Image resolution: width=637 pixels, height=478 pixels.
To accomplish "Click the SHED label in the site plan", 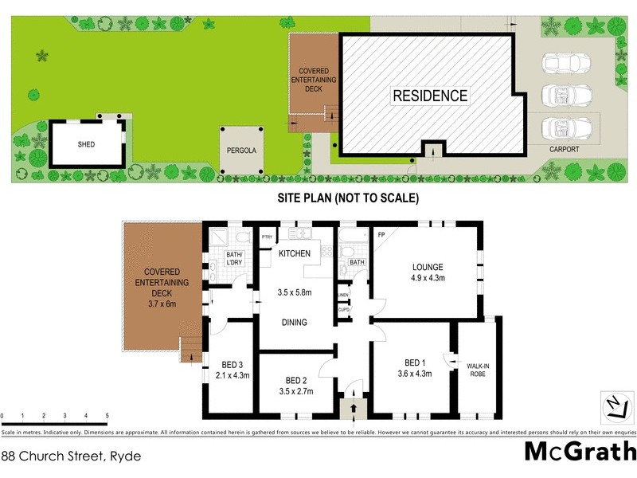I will [x=86, y=145].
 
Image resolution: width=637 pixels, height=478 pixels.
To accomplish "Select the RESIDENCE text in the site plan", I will [x=430, y=96].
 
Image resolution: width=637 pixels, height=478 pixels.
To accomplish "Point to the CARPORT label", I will [x=564, y=149].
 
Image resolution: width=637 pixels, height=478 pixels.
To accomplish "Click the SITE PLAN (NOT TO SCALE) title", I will [x=347, y=198].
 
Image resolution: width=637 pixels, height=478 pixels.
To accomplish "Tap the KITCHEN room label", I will [x=293, y=253].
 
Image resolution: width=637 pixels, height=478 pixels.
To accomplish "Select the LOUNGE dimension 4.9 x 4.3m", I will [x=427, y=278].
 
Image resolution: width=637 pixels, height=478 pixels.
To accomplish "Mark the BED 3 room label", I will [x=234, y=364].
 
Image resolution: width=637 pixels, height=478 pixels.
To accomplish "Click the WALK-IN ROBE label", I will [x=478, y=368].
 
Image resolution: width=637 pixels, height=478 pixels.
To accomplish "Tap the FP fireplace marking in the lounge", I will [x=381, y=236].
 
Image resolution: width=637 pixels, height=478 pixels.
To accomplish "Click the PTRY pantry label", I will [x=267, y=237].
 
